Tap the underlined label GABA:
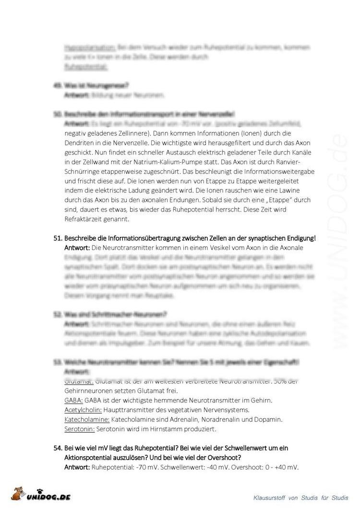(x=73, y=401)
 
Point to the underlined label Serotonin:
(x=79, y=428)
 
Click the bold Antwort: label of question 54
(x=77, y=466)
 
